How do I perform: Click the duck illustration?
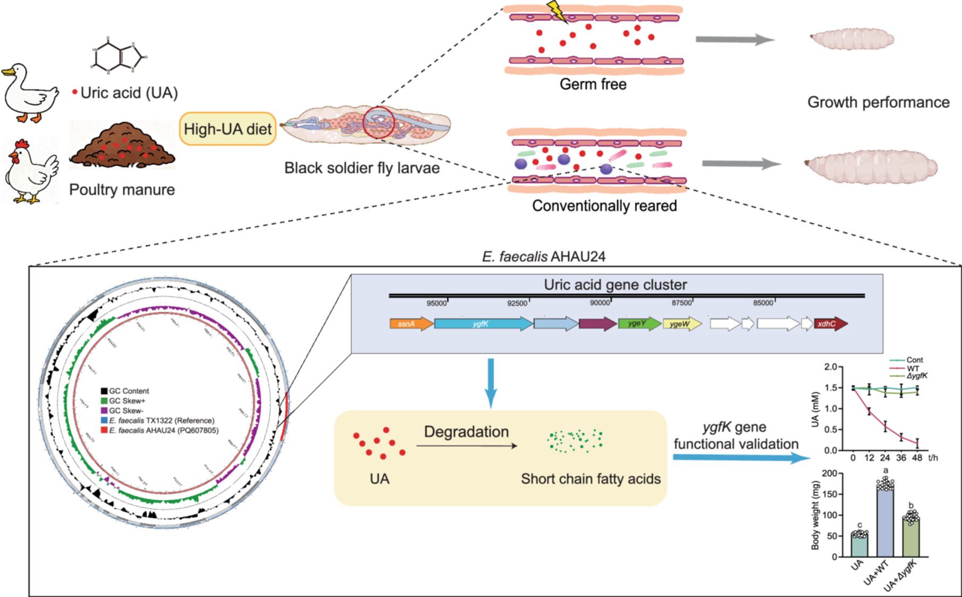click(x=29, y=94)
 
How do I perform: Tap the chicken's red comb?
click(x=21, y=145)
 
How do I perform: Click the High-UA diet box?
click(x=228, y=129)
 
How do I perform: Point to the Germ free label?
click(x=593, y=84)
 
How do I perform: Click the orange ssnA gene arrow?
click(x=411, y=324)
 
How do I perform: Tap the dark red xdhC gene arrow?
click(x=830, y=324)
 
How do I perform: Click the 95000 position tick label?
click(x=436, y=303)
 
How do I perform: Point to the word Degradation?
click(x=466, y=432)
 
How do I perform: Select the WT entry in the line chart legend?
click(x=913, y=368)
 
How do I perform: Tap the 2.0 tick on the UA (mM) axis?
click(x=830, y=367)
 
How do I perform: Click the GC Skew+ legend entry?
click(x=126, y=400)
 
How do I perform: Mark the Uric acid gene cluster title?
click(x=615, y=285)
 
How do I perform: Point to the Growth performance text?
click(x=878, y=102)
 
